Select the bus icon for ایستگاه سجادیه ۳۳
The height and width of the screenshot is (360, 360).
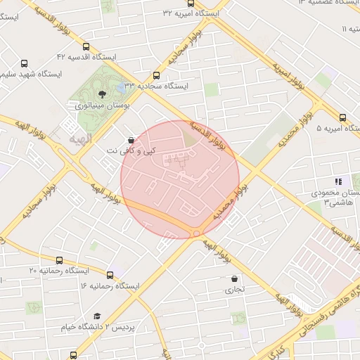coord(155,76)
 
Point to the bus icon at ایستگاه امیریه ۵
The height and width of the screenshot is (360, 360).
coord(342,118)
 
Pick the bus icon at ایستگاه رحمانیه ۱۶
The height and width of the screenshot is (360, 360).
coord(110,275)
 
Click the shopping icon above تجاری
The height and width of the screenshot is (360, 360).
coord(234,278)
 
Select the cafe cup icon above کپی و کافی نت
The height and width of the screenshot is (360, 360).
coord(131,140)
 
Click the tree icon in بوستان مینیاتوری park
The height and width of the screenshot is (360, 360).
coord(103,94)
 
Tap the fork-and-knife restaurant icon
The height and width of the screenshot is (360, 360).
coord(338,181)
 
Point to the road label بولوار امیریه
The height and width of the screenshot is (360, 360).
coord(288,75)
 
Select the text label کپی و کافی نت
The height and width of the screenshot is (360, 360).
coord(134,151)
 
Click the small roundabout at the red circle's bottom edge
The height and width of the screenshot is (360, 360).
coord(196,233)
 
